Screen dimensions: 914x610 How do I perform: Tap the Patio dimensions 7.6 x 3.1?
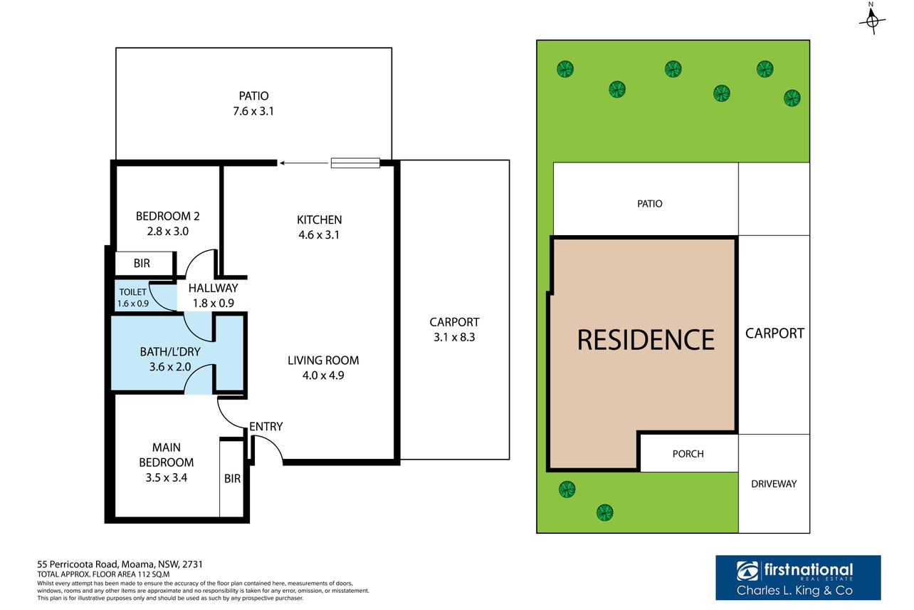click(253, 111)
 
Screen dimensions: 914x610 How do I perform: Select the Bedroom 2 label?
click(168, 216)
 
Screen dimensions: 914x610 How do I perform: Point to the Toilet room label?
click(132, 292)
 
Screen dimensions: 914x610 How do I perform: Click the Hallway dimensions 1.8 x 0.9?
click(214, 303)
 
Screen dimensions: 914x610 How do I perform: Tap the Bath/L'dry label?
click(170, 352)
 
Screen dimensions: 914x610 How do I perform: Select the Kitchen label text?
click(319, 219)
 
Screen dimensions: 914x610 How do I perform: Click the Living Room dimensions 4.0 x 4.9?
click(323, 376)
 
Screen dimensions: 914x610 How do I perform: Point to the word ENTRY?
click(266, 427)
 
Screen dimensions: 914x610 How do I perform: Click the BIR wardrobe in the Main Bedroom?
click(232, 478)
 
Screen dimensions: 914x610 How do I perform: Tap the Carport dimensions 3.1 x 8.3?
click(454, 338)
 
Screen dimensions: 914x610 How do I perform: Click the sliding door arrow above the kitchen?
click(303, 163)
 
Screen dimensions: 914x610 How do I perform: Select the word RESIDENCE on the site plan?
click(646, 340)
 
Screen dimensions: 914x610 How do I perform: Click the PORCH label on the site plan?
click(688, 454)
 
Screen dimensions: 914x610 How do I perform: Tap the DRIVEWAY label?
click(774, 484)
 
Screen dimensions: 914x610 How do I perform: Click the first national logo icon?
click(747, 571)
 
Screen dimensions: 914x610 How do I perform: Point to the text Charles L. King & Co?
click(794, 590)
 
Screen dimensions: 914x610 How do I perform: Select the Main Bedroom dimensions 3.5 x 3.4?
click(167, 477)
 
